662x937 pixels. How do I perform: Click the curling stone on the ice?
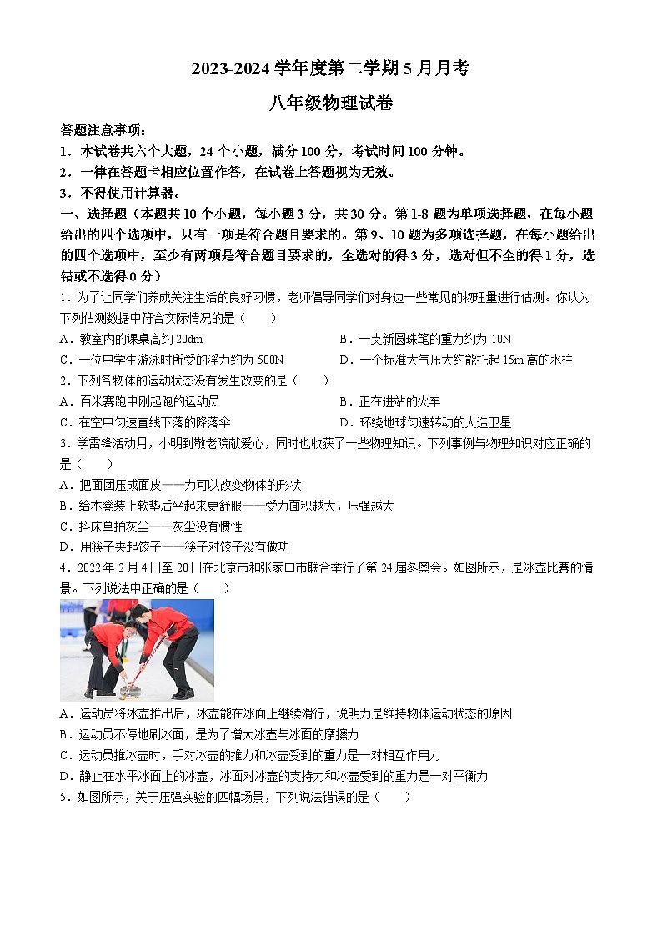point(128,690)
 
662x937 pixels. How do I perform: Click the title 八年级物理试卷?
point(330,103)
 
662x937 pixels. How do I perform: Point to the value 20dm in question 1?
point(188,340)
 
